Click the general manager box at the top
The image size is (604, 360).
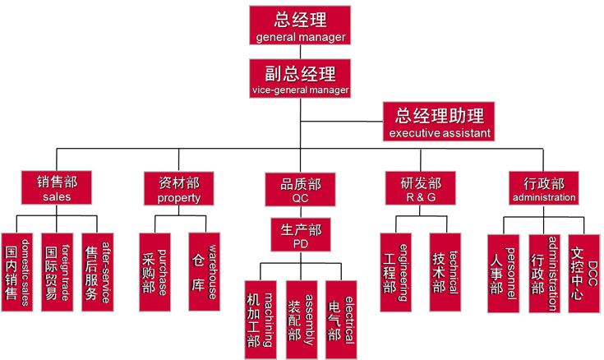(x=301, y=25)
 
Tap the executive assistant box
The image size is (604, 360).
(x=440, y=122)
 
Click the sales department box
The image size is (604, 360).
(x=56, y=188)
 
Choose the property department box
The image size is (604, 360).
(x=178, y=188)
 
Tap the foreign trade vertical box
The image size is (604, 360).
(x=62, y=273)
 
